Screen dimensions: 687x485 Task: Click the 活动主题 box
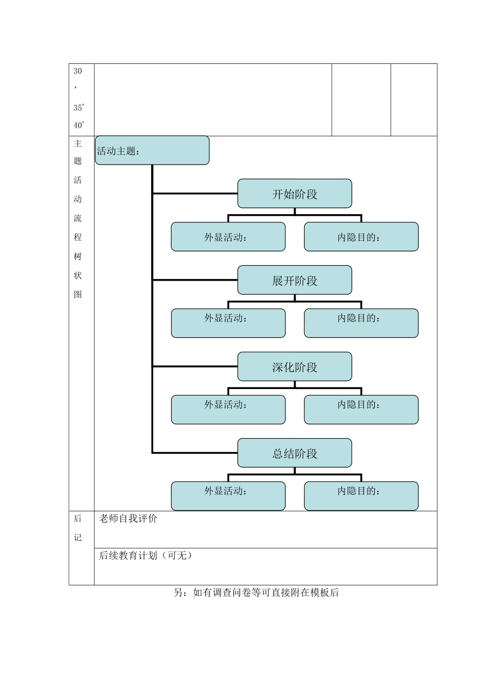(152, 150)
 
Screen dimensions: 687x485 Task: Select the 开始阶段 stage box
(295, 194)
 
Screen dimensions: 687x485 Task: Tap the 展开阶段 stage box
(295, 280)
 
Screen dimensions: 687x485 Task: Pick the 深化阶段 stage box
(295, 367)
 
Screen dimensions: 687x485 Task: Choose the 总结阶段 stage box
(295, 453)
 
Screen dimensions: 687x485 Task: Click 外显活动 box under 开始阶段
(228, 237)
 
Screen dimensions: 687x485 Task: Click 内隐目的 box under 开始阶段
(361, 237)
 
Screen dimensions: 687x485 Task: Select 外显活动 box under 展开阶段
(228, 323)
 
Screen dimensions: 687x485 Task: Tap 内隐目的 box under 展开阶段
(361, 323)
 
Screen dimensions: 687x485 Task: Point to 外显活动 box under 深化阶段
(228, 409)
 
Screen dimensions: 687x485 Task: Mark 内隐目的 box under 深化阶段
(361, 409)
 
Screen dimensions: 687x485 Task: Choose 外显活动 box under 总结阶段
(228, 496)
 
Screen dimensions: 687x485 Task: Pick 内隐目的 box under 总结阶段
(361, 496)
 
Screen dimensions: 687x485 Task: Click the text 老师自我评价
(128, 519)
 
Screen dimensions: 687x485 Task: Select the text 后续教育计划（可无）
(145, 556)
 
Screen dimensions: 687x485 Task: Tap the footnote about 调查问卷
(256, 593)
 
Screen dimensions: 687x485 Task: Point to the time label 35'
(79, 108)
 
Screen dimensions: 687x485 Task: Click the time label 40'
(79, 125)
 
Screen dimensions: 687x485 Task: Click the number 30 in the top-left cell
(78, 71)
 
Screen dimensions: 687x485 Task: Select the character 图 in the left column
(78, 294)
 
